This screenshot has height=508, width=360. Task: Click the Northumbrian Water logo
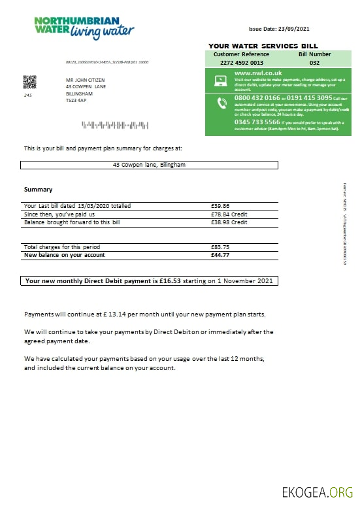coord(84,27)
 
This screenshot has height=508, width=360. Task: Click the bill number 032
coord(314,63)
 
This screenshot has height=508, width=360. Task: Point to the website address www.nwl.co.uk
coord(257,74)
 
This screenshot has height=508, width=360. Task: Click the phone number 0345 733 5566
coord(257,122)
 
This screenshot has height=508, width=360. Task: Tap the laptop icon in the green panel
coord(220,80)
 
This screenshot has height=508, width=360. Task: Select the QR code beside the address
coord(29,82)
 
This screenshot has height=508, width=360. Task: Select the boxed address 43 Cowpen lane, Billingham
coord(149,165)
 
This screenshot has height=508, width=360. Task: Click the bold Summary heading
coord(38,190)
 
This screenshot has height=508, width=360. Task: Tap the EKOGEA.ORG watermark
coord(317,492)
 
